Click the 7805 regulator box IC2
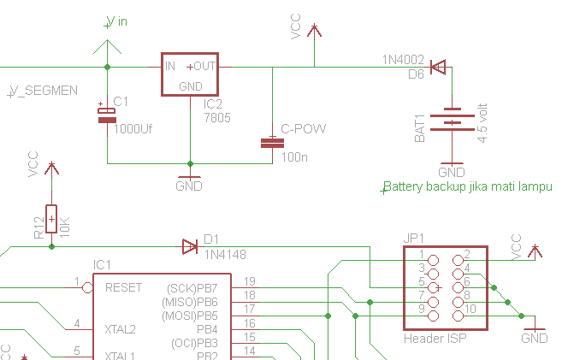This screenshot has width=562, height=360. click(191, 74)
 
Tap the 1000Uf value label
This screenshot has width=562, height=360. click(133, 128)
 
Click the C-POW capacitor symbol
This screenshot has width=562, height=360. click(273, 143)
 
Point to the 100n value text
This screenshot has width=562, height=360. click(293, 157)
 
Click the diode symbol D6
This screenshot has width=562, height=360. click(438, 67)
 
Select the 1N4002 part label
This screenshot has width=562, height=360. click(403, 61)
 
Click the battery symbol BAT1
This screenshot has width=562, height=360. click(452, 120)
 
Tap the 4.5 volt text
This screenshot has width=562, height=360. click(483, 123)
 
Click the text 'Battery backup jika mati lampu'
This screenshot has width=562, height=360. click(467, 186)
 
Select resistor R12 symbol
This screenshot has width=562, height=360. click(52, 219)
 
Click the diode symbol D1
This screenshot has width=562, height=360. click(190, 247)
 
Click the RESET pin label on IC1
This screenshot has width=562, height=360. click(123, 287)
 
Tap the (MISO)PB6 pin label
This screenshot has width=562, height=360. click(190, 302)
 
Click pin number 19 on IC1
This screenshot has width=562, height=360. click(249, 281)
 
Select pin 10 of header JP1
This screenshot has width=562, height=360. click(470, 308)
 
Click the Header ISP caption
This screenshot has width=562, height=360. click(435, 339)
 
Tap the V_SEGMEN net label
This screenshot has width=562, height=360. click(44, 90)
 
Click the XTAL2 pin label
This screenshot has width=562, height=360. click(120, 328)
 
